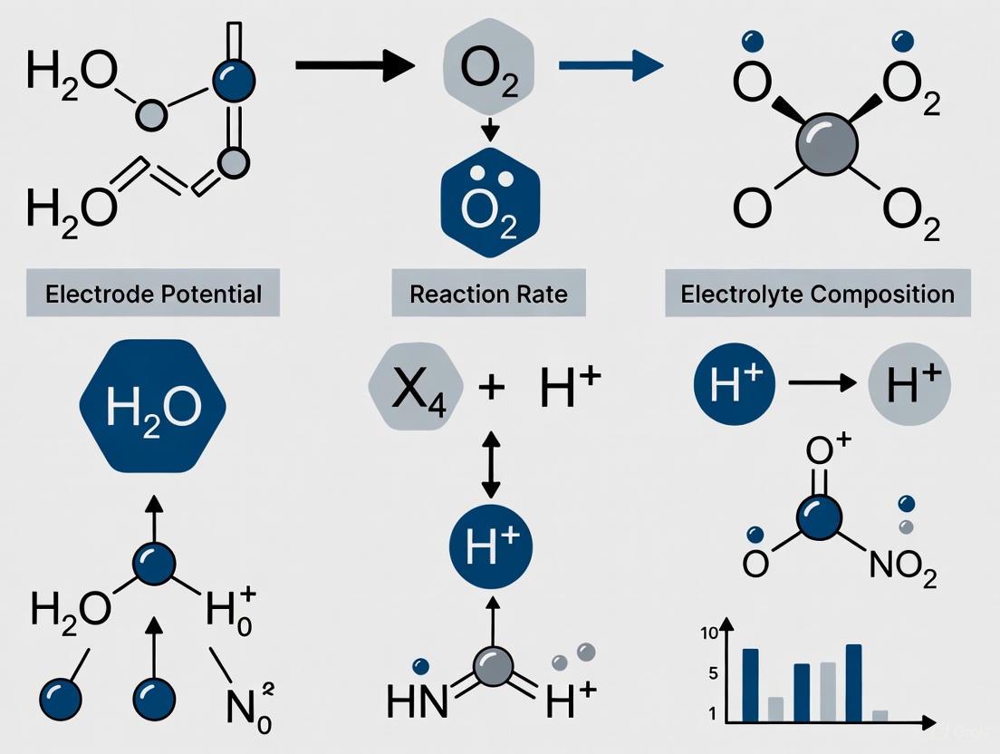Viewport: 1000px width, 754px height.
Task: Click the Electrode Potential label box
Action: coord(153,294)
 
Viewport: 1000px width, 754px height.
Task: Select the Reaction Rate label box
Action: coord(488,294)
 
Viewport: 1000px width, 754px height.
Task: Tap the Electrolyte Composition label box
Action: coord(817,294)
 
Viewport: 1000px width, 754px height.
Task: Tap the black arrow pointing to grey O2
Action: coord(353,65)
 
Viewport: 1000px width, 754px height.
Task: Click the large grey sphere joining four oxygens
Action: coord(823,146)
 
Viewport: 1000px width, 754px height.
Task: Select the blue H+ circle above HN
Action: coord(491,546)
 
